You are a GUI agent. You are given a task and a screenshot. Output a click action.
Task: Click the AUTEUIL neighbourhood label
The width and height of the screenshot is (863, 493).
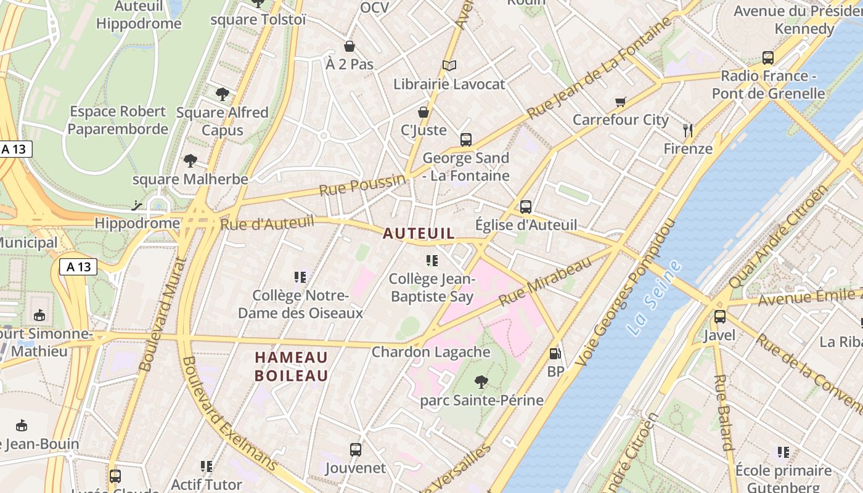tap(419, 234)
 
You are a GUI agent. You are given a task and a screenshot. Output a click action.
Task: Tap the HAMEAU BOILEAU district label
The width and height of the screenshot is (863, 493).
tap(291, 366)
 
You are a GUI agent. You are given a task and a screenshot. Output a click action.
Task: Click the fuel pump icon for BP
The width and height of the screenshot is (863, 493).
tap(555, 354)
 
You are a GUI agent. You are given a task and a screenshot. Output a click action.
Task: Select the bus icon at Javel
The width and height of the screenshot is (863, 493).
tap(719, 317)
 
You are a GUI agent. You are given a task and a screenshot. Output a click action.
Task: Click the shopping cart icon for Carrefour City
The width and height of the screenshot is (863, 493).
tap(620, 102)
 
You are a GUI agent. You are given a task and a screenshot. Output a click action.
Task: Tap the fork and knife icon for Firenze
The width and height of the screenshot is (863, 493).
tap(688, 130)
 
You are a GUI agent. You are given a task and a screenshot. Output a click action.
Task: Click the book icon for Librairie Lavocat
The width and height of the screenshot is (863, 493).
tap(449, 65)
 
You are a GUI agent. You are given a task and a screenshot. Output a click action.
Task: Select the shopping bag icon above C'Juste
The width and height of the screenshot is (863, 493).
tap(423, 112)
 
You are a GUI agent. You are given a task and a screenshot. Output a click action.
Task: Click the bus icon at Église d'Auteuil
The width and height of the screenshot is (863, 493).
tap(525, 207)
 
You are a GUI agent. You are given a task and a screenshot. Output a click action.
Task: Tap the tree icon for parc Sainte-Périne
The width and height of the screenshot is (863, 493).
tap(481, 382)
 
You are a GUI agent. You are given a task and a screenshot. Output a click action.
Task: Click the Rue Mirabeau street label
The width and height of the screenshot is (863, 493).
tap(545, 280)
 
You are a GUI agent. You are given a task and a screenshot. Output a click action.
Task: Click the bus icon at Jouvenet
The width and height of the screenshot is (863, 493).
tap(355, 449)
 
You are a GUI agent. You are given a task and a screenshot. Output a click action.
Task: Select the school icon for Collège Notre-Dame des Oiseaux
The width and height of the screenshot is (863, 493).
tap(300, 277)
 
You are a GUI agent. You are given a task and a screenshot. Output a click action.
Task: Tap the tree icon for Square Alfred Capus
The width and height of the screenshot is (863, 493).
tap(223, 94)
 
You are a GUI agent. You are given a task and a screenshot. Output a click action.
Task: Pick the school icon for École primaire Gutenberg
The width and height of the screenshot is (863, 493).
tap(783, 452)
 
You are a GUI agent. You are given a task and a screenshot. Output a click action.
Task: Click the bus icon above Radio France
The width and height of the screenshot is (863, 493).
tap(767, 58)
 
